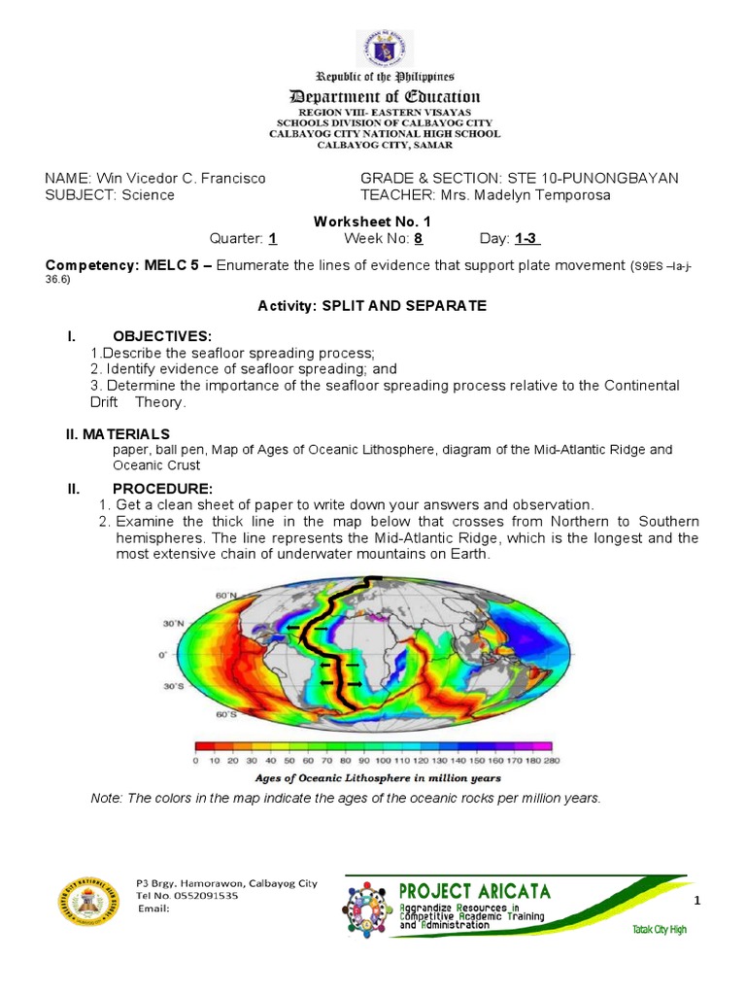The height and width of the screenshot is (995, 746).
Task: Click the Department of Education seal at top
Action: coord(384,49)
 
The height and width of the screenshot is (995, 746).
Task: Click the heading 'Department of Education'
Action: coord(383,96)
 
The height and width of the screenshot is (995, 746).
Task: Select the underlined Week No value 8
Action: coord(418,239)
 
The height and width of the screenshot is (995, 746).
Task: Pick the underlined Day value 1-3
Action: coord(527,239)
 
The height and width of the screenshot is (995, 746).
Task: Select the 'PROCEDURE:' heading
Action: coord(162,488)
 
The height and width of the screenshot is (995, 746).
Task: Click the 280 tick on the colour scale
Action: coord(553,761)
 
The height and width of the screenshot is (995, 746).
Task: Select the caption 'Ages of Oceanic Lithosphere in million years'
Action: coord(378,778)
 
